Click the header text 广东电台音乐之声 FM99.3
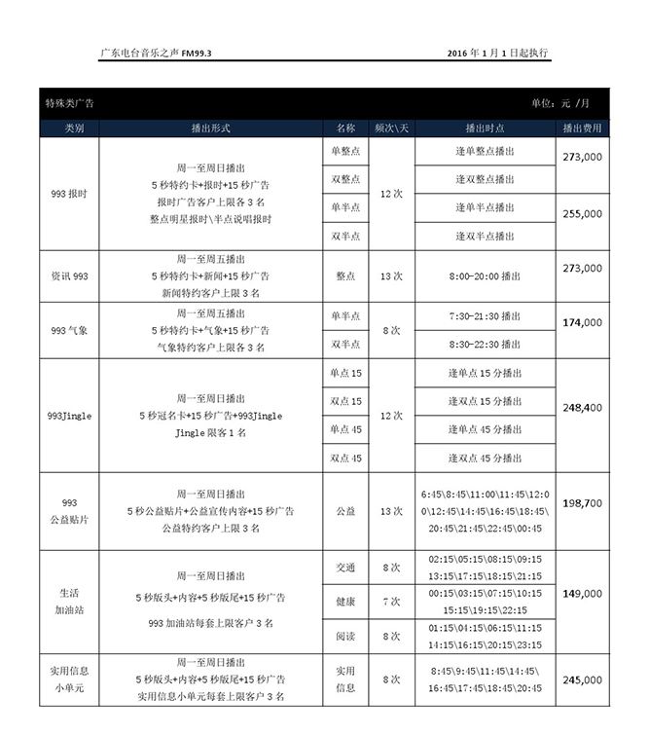[157, 53]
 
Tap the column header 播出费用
[582, 128]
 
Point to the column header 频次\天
[391, 128]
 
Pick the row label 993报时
[69, 194]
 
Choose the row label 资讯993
[69, 276]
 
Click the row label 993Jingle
[69, 416]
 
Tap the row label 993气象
[69, 331]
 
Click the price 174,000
[582, 322]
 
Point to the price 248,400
[582, 408]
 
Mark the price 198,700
[582, 503]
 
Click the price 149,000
[582, 593]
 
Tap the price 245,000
[582, 680]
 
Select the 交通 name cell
[345, 568]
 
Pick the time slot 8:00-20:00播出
[485, 276]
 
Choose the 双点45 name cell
[345, 458]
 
